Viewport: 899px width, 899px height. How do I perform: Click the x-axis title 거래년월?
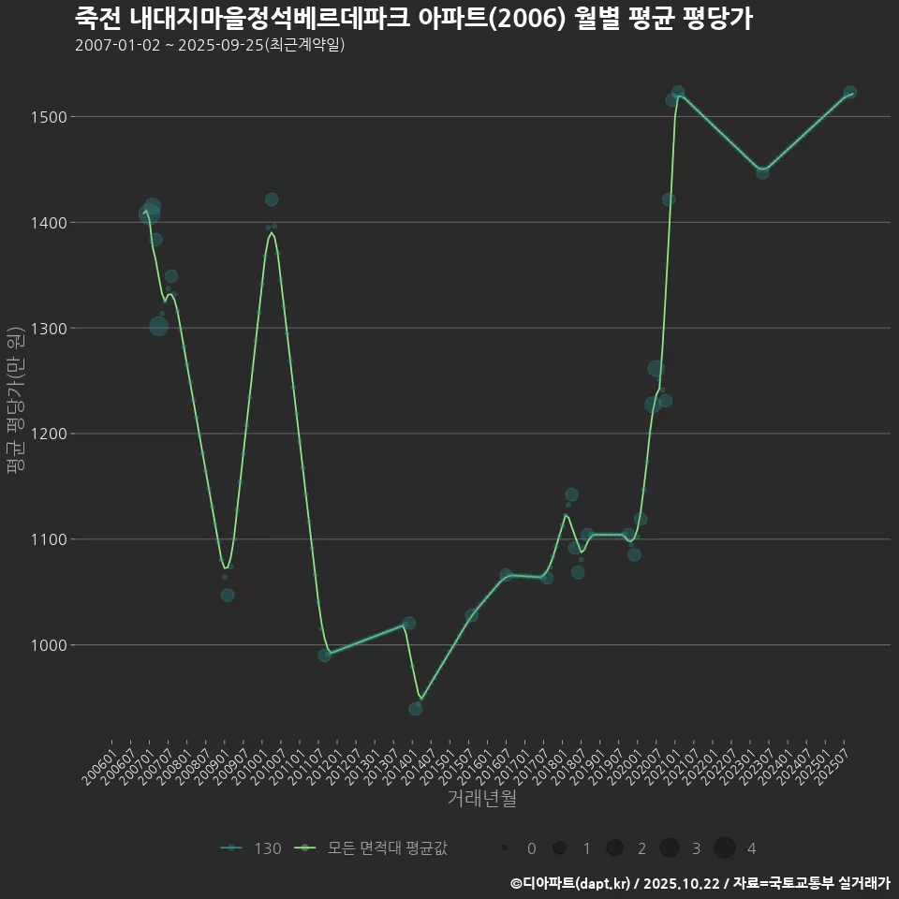pyautogui.click(x=481, y=799)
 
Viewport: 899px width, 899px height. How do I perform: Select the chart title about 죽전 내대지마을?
pyautogui.click(x=413, y=18)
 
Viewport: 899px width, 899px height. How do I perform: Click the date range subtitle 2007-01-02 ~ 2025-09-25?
pyautogui.click(x=210, y=45)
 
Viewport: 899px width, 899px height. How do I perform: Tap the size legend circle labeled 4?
pyautogui.click(x=724, y=848)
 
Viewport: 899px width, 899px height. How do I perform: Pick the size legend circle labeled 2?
pyautogui.click(x=614, y=848)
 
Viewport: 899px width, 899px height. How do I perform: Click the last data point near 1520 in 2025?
pyautogui.click(x=849, y=93)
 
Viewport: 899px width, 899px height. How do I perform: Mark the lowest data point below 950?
pyautogui.click(x=415, y=709)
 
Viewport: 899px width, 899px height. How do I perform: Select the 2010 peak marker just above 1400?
pyautogui.click(x=272, y=199)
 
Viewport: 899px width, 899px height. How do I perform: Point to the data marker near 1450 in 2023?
pyautogui.click(x=762, y=172)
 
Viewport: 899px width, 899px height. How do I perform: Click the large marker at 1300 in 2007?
pyautogui.click(x=159, y=326)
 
